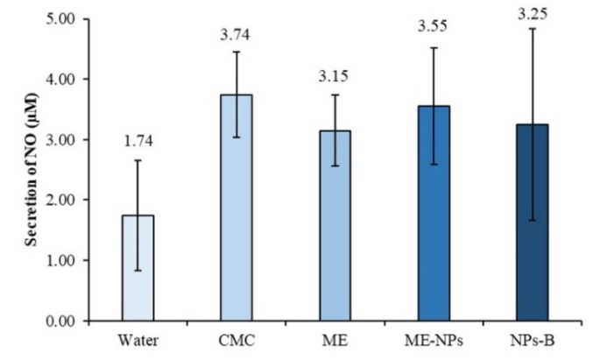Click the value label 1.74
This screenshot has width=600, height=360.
click(137, 140)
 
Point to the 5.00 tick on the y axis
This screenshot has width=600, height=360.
click(59, 18)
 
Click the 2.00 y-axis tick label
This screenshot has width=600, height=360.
click(59, 200)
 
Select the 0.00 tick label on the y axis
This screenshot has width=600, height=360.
click(59, 321)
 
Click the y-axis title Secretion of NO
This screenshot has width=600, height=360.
click(28, 172)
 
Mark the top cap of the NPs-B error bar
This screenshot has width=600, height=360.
click(533, 29)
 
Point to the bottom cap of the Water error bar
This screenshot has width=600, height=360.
click(137, 270)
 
